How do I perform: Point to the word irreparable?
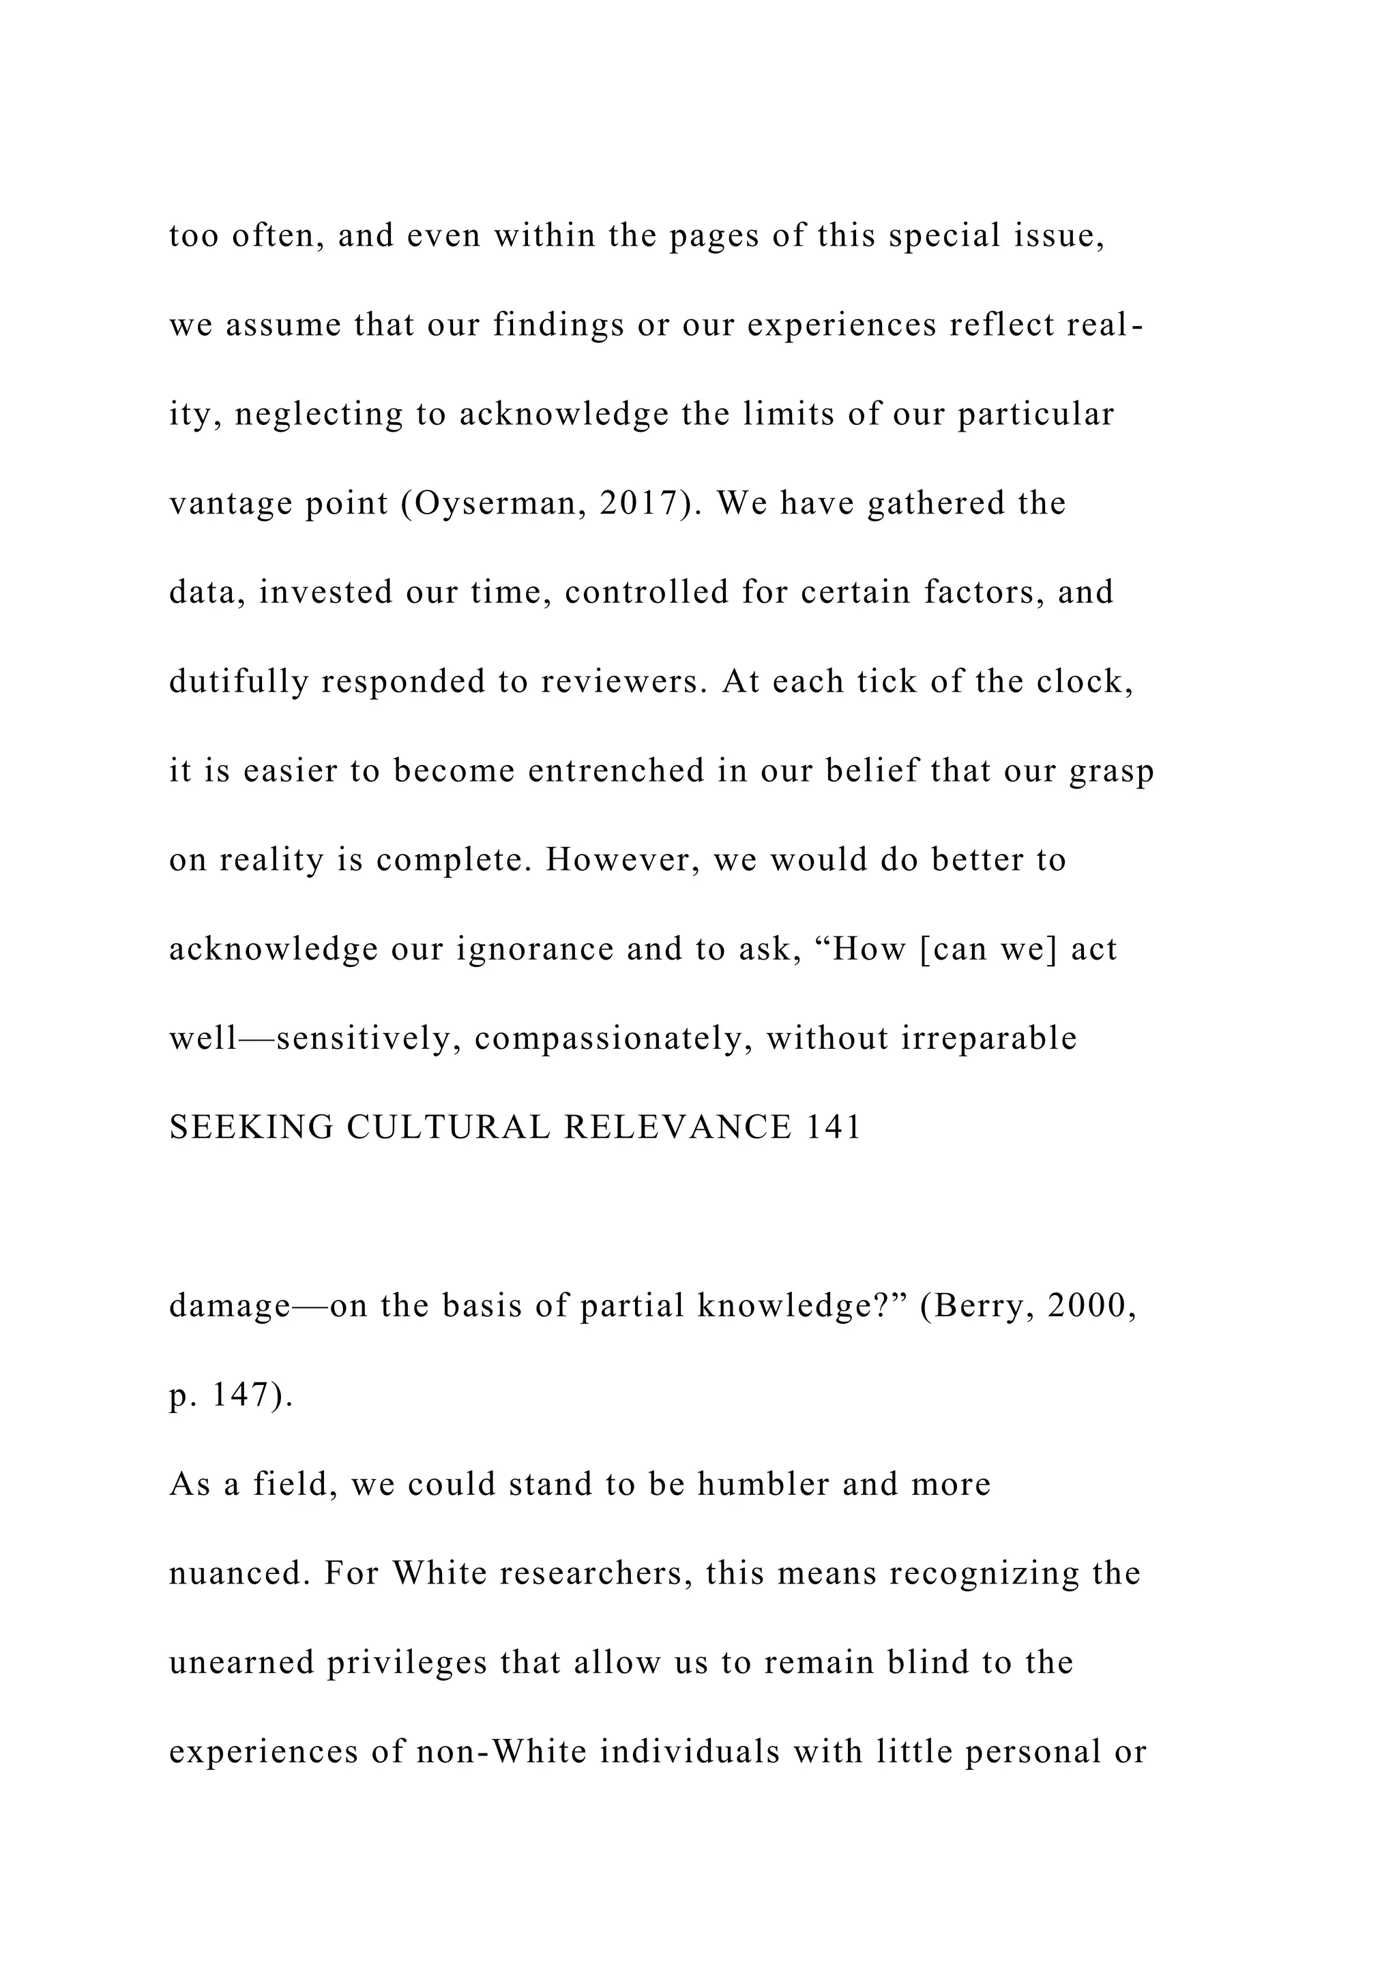tap(988, 1039)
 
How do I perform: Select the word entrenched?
tap(617, 771)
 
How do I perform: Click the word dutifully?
tap(238, 682)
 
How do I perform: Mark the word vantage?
tap(231, 504)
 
